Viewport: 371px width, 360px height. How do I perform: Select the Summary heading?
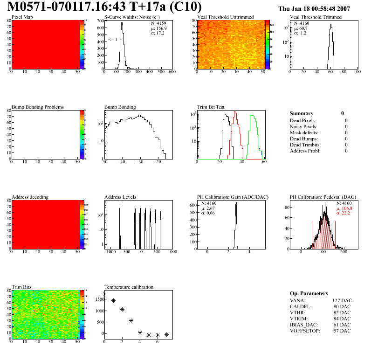click(302, 113)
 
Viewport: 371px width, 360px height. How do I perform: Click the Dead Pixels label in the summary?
click(302, 120)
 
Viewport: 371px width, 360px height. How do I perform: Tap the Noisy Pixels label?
click(303, 126)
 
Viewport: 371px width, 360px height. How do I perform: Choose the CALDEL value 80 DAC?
click(342, 306)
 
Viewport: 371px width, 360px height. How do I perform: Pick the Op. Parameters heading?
click(309, 293)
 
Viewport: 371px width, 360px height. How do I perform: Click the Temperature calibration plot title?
click(129, 287)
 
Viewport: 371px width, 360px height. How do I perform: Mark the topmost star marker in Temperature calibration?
click(104, 294)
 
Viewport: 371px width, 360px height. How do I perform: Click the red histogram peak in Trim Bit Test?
click(235, 112)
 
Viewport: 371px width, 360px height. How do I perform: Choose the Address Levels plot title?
click(120, 197)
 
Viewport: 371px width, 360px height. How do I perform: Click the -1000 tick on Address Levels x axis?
click(110, 252)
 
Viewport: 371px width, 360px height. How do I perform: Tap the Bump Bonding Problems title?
click(38, 107)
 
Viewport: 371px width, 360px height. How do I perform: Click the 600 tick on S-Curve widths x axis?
click(172, 72)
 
